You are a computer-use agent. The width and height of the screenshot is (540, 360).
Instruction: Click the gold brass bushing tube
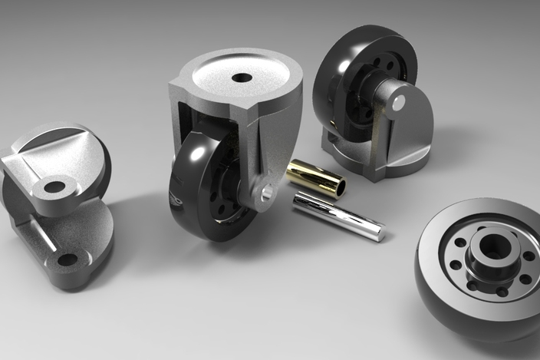coord(314,177)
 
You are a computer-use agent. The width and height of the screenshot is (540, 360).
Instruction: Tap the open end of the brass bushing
coord(338,186)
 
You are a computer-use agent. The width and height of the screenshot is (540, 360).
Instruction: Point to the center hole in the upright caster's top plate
coord(242,77)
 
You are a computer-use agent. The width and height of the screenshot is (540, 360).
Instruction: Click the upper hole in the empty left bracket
coord(54,187)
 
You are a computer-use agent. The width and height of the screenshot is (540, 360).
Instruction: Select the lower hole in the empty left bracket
coord(67,259)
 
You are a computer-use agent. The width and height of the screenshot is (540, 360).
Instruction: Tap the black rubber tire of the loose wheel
coord(445,299)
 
